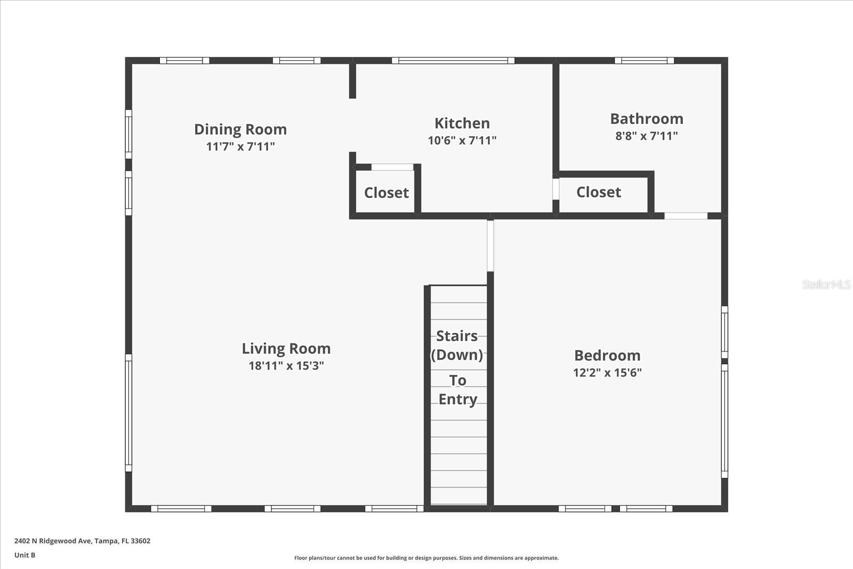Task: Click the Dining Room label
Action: pos(240,130)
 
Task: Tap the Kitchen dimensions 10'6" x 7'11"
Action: pos(462,141)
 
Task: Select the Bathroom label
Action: pos(647,119)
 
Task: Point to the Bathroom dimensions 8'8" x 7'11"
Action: pos(647,136)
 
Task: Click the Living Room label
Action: pos(286,349)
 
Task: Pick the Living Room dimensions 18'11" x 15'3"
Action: pos(286,366)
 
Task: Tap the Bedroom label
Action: pos(607,356)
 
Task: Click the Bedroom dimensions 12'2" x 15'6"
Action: pos(607,373)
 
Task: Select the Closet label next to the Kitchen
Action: pos(387,193)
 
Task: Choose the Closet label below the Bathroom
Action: pos(599,193)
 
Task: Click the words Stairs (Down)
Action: pos(457,346)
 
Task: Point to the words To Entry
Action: pos(457,390)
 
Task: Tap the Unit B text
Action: pos(25,555)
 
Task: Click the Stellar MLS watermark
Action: pos(826,285)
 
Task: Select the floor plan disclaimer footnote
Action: pos(426,558)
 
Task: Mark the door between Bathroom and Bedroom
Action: pos(686,216)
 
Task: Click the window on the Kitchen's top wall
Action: pos(453,60)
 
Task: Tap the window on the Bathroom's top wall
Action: pos(644,60)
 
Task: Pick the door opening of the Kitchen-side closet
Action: pos(392,167)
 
